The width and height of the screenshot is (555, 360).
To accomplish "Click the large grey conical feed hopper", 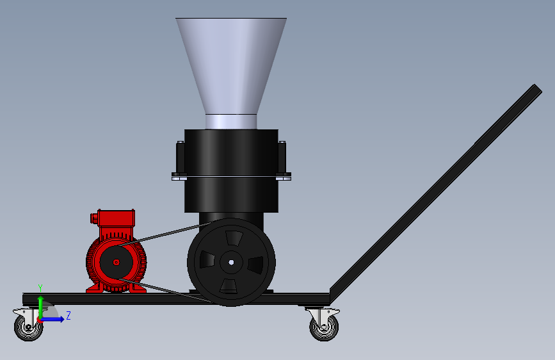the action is tap(231, 66).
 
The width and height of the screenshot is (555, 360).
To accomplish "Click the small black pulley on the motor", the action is tap(117, 262).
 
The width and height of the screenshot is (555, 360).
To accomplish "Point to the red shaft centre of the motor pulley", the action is tap(117, 262).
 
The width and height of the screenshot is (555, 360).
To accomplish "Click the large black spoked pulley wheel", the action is tap(232, 262).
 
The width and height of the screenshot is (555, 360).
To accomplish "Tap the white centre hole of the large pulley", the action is tap(232, 262).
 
